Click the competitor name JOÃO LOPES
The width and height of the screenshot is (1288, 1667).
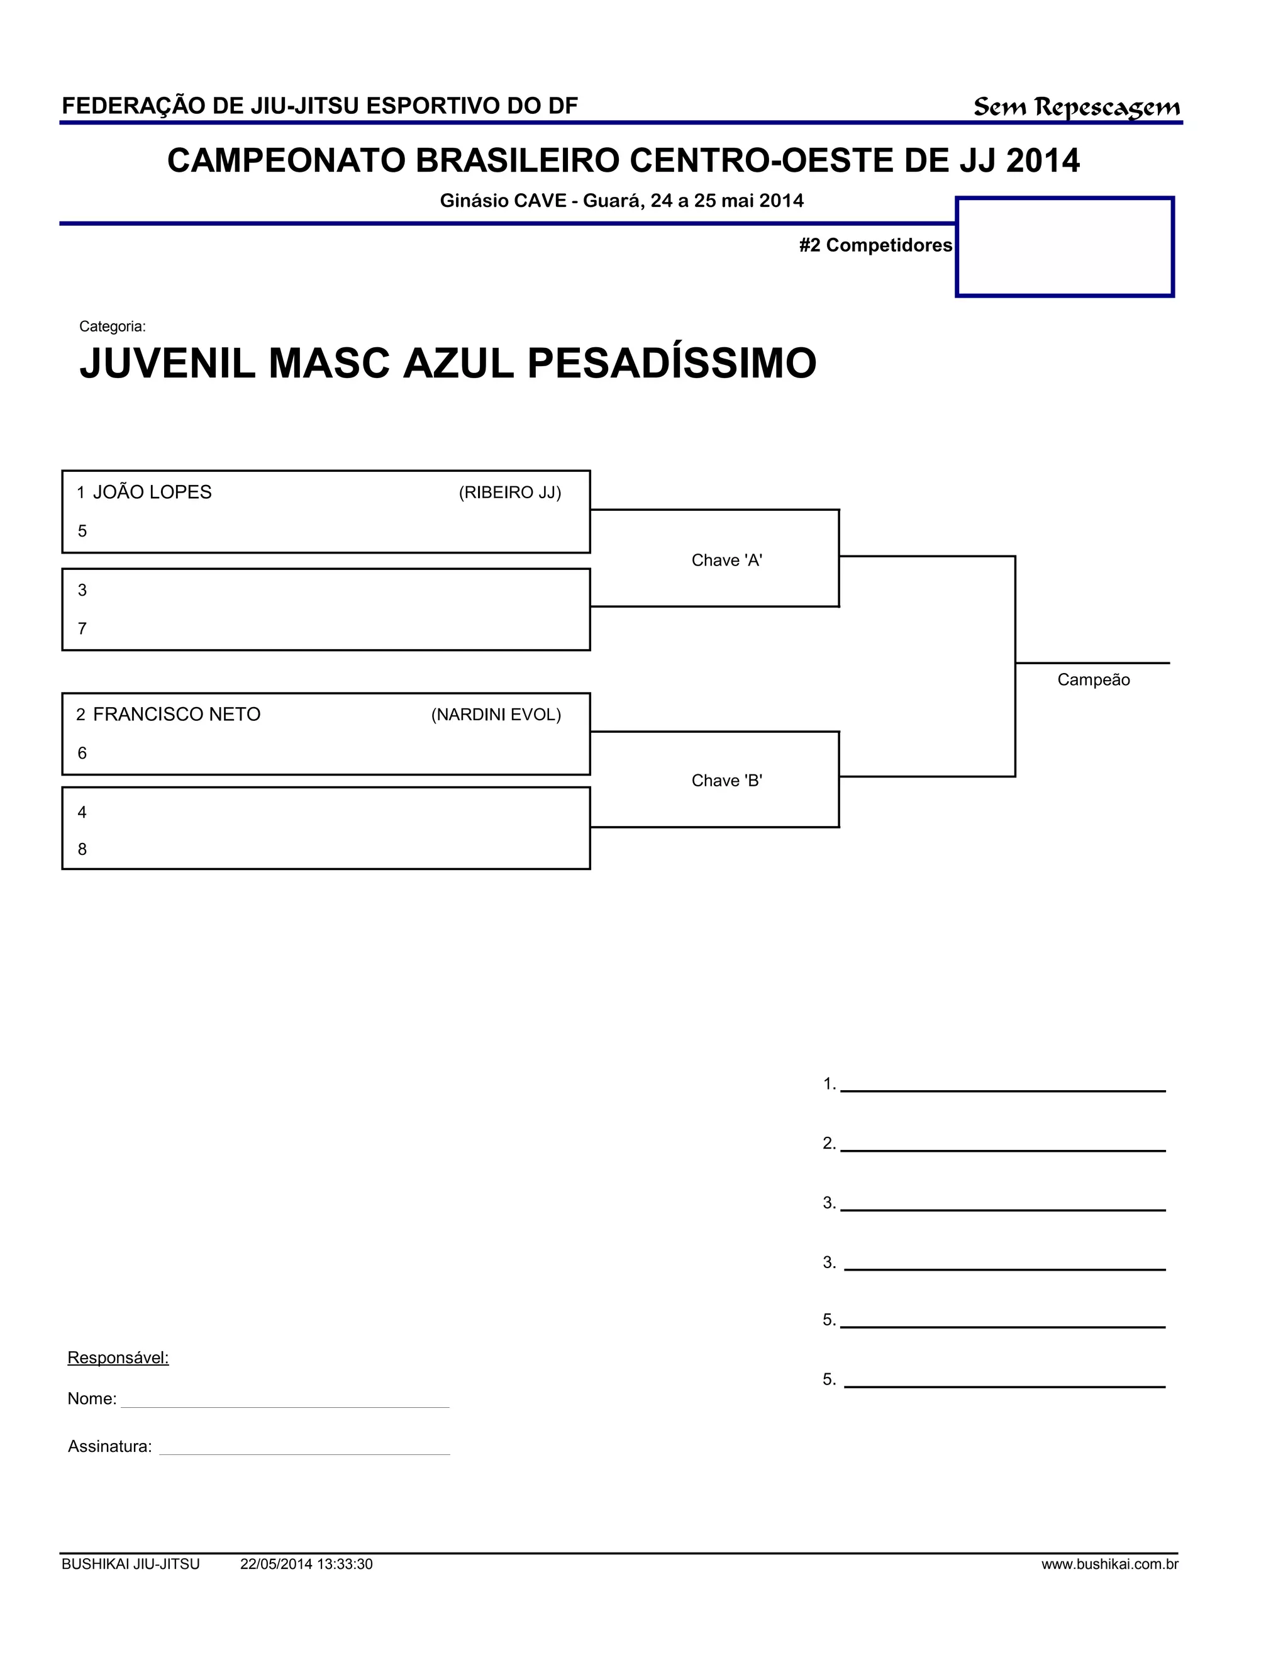(152, 493)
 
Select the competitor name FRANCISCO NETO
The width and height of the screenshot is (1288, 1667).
(176, 715)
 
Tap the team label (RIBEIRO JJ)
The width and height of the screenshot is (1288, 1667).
(509, 493)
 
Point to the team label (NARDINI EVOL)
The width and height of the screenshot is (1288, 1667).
(496, 715)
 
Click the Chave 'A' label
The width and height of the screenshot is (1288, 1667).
(726, 560)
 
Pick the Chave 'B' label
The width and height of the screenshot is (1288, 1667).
(726, 781)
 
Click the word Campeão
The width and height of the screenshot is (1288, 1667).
(1092, 680)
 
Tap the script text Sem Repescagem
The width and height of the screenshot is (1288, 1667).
(1076, 108)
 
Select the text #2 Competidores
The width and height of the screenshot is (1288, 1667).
(875, 245)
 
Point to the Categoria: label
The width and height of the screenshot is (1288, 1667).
(112, 326)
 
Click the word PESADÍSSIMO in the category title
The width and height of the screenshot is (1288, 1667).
(672, 364)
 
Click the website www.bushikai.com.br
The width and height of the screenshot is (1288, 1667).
(1109, 1564)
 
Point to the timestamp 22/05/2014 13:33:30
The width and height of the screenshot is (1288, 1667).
(306, 1564)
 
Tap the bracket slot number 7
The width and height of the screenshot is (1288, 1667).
(82, 629)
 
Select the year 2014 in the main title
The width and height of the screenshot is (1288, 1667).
(1042, 161)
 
